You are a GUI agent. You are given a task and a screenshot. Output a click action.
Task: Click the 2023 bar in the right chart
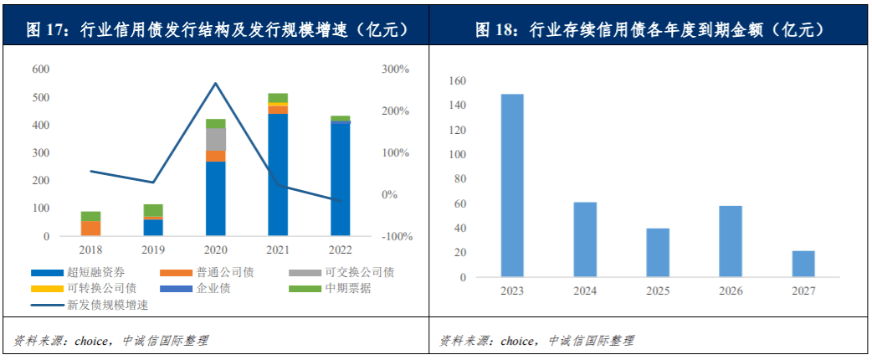(x=512, y=185)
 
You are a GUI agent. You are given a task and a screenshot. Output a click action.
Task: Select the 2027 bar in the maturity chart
(x=803, y=264)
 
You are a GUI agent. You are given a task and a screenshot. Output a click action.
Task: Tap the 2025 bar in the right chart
(x=658, y=252)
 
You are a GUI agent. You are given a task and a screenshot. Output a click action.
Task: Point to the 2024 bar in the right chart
(x=585, y=239)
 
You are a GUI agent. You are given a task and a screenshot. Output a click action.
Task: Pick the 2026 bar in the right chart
(x=731, y=241)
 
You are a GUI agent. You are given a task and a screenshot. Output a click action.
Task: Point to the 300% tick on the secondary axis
(x=395, y=69)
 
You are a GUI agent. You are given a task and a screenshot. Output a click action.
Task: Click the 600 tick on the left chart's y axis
(x=40, y=69)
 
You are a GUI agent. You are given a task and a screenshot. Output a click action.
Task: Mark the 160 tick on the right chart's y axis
(x=457, y=81)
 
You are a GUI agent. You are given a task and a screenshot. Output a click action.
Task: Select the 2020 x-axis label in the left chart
(x=216, y=249)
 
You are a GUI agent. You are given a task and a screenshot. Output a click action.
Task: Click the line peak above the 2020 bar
(x=215, y=83)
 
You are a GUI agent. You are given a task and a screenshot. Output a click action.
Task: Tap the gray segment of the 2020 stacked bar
(x=216, y=139)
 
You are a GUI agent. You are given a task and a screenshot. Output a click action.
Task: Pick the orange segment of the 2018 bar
(x=90, y=228)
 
